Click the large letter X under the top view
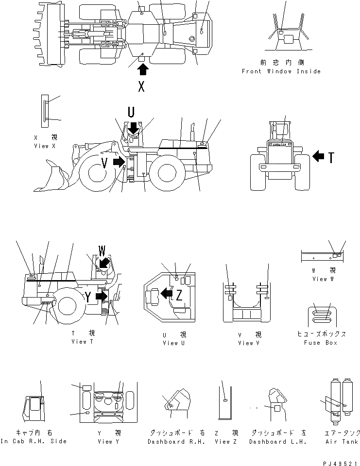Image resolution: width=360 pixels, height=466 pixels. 141,86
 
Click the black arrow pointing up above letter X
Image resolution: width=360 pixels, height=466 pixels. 142,69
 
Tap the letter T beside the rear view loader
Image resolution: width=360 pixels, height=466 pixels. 331,157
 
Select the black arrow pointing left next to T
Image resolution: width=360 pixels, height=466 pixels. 318,156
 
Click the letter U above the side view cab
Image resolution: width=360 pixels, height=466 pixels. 131,113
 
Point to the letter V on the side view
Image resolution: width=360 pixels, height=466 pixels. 104,162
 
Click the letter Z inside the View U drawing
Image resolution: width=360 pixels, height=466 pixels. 179,294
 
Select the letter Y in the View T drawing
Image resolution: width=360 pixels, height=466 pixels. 88,297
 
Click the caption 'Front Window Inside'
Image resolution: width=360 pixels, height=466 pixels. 281,71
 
